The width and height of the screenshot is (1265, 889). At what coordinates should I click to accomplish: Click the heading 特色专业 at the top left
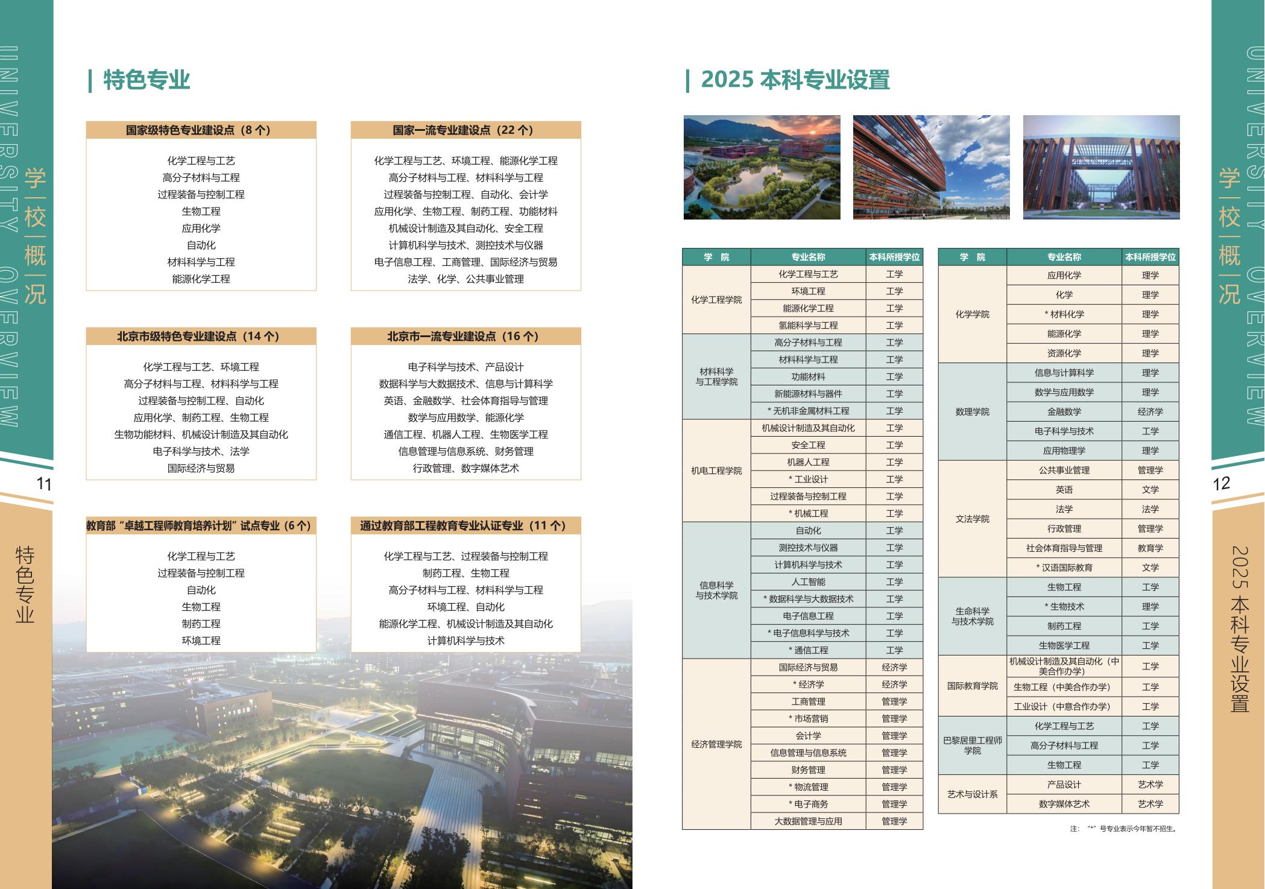pos(147,80)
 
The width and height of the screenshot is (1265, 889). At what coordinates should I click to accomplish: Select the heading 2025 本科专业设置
pos(795,80)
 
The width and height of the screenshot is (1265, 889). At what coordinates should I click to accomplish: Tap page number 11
pos(44,484)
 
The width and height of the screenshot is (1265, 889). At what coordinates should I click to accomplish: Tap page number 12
pos(1221,484)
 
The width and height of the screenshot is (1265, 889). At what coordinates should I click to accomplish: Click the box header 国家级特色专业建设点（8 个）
pos(201,130)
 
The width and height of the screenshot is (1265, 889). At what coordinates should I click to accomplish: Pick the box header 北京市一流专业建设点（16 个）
pos(465,337)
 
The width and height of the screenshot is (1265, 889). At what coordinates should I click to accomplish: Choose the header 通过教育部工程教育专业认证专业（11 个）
pos(465,526)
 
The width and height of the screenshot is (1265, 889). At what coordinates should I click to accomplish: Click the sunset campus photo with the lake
pos(762,167)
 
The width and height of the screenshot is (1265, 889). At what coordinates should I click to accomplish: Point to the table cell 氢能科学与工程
pos(808,326)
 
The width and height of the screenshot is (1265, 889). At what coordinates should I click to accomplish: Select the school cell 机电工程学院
pos(716,470)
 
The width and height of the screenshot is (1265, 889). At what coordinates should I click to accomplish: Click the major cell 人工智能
pos(808,582)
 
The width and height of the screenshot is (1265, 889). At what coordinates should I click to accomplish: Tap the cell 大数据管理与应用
pos(808,821)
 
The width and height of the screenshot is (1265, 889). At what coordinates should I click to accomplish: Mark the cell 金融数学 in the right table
pos(1064,412)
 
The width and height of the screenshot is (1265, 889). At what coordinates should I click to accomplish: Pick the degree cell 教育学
pos(1150,548)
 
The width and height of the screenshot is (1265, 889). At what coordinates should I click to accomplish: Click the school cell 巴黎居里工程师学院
pos(972,745)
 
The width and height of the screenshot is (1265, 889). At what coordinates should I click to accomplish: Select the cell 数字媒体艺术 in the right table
pos(1064,804)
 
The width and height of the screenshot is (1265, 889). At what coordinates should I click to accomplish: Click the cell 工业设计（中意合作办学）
pos(1064,706)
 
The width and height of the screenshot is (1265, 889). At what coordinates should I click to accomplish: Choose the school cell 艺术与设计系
pos(972,794)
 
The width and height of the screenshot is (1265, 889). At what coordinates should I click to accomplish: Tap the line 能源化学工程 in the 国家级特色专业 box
pos(201,279)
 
